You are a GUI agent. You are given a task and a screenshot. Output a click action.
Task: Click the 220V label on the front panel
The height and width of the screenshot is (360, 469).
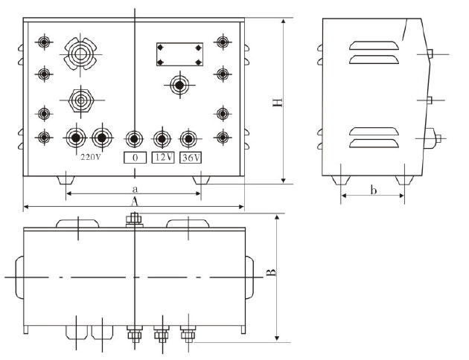pyautogui.click(x=90, y=157)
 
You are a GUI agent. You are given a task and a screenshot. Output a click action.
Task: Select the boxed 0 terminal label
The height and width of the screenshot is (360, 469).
pyautogui.click(x=134, y=157)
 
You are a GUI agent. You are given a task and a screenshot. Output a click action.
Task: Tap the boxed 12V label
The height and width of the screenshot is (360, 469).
pyautogui.click(x=163, y=157)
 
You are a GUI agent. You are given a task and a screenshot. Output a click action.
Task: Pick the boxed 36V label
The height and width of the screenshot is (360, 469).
pyautogui.click(x=191, y=157)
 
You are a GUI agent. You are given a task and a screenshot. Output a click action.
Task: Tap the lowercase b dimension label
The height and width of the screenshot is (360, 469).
pyautogui.click(x=373, y=191)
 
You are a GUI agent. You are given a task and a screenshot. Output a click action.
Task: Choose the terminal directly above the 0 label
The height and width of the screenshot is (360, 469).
pyautogui.click(x=134, y=139)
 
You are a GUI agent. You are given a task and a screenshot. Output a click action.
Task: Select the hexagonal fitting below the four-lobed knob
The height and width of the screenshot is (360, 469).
pyautogui.click(x=80, y=98)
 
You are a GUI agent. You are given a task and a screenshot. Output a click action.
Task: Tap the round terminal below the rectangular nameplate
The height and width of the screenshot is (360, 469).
pyautogui.click(x=179, y=86)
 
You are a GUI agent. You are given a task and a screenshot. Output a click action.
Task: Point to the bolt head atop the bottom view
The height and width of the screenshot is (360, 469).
pyautogui.click(x=135, y=218)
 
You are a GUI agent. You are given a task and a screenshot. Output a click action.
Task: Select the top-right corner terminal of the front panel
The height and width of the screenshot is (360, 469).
pyautogui.click(x=223, y=42)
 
